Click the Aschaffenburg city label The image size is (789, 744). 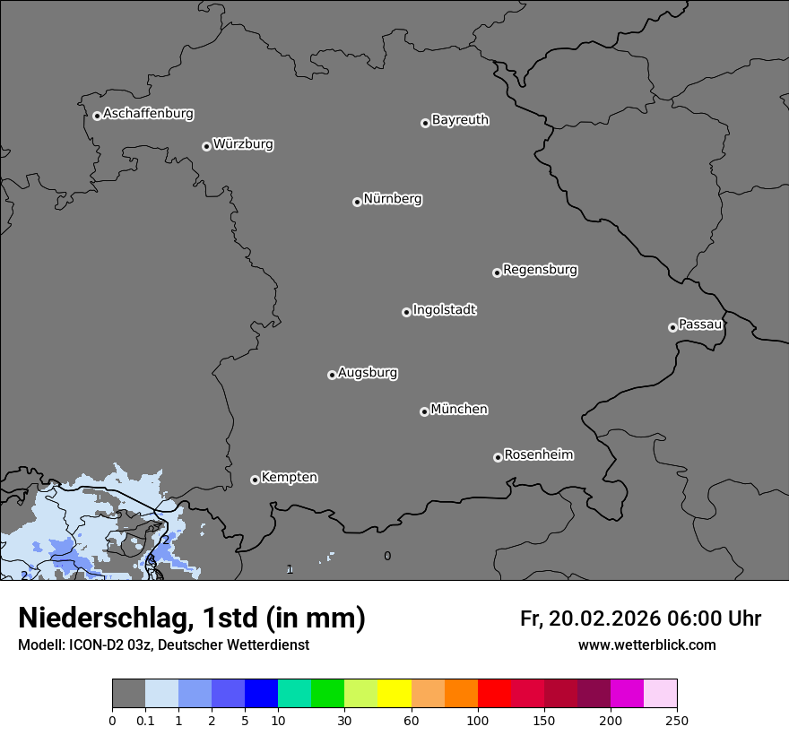148,114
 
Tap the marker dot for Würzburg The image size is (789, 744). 206,146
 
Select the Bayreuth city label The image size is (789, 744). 460,120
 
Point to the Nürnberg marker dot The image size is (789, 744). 357,202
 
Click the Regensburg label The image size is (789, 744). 540,270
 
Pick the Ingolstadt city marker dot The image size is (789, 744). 406,312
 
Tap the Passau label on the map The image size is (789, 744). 700,324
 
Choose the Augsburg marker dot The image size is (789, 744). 332,375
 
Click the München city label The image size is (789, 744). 459,410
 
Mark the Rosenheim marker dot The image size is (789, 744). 498,458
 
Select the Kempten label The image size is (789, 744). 289,478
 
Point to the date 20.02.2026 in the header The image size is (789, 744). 603,619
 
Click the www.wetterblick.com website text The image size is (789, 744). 646,645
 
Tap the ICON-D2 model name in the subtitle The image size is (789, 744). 92,645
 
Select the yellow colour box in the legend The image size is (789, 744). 394,694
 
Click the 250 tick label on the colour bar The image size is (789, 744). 677,721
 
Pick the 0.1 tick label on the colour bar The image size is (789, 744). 145,721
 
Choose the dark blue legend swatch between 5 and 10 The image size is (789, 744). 261,694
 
